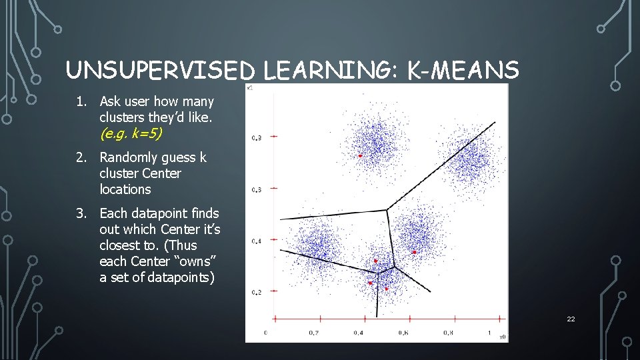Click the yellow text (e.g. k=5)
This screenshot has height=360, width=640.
point(131,133)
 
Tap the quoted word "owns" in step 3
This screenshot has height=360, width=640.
point(198,261)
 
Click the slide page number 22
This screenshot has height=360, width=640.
point(571,319)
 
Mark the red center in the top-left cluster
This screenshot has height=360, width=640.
point(360,155)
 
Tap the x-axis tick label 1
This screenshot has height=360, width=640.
point(489,332)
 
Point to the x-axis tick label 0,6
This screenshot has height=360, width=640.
point(403,332)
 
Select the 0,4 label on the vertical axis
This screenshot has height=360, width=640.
point(257,241)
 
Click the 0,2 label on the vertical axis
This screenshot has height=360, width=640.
point(257,293)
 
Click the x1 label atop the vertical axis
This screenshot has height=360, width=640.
point(249,87)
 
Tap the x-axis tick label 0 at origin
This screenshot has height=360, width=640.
point(266,332)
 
